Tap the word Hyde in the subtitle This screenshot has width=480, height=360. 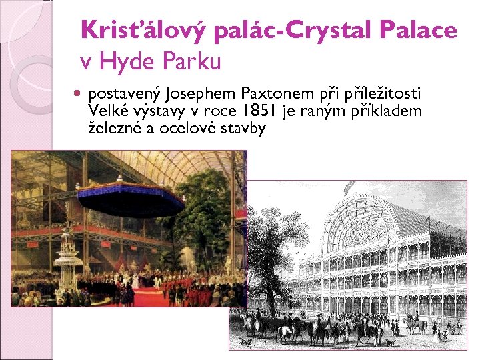pos(126,63)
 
